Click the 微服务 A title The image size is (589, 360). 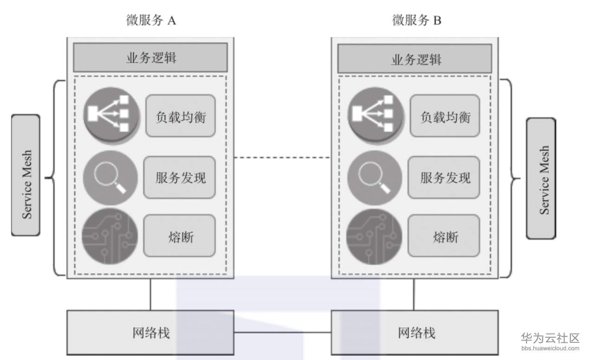click(x=151, y=20)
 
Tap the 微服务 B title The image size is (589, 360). click(x=416, y=20)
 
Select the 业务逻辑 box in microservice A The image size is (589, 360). click(x=150, y=58)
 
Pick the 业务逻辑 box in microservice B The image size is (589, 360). click(x=414, y=59)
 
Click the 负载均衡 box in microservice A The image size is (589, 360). click(x=181, y=116)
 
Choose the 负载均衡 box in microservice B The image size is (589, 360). click(x=445, y=116)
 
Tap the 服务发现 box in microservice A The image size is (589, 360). click(x=179, y=177)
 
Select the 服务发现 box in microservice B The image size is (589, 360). click(x=444, y=177)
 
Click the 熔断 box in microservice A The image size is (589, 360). click(x=179, y=236)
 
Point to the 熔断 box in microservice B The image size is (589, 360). click(x=444, y=236)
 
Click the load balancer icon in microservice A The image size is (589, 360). click(x=111, y=114)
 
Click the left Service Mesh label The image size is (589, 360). click(x=26, y=175)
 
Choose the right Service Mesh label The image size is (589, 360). click(x=541, y=178)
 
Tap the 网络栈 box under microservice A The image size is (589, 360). click(x=150, y=333)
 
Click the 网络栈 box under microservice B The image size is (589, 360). click(x=414, y=333)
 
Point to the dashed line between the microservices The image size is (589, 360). click(x=282, y=158)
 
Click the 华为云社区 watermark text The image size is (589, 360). click(x=550, y=338)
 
